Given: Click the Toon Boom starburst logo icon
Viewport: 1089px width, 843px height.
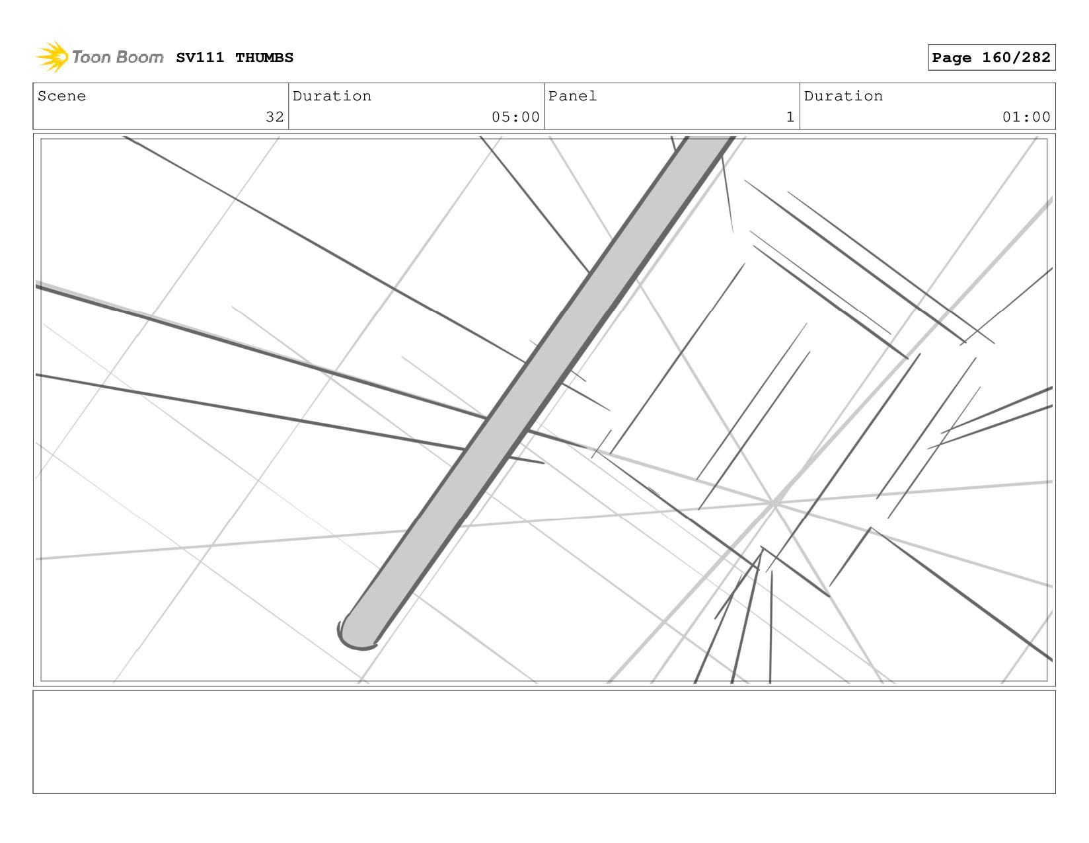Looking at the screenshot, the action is point(52,57).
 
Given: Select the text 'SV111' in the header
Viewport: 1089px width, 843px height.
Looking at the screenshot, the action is point(200,58).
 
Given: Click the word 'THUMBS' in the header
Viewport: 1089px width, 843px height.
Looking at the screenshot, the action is point(264,58).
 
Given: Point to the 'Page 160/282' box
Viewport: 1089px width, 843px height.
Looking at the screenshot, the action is point(991,57).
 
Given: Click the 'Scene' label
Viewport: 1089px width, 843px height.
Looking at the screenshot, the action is point(61,96).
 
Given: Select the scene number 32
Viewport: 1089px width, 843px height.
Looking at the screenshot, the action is point(274,117).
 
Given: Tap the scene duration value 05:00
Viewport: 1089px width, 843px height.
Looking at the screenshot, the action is point(515,117).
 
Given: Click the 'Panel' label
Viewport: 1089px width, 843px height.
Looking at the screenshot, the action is point(572,96).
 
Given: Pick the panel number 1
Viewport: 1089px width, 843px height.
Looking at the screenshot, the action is point(790,117).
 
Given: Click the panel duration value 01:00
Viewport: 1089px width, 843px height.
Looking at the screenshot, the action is point(1026,117).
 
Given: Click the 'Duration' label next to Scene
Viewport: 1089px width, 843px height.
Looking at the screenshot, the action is point(332,96).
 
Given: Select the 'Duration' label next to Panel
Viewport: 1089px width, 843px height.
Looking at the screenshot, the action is point(843,96).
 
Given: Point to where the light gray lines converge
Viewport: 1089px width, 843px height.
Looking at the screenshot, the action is point(773,504).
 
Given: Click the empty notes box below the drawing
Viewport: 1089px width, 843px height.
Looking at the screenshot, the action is point(544,741).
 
